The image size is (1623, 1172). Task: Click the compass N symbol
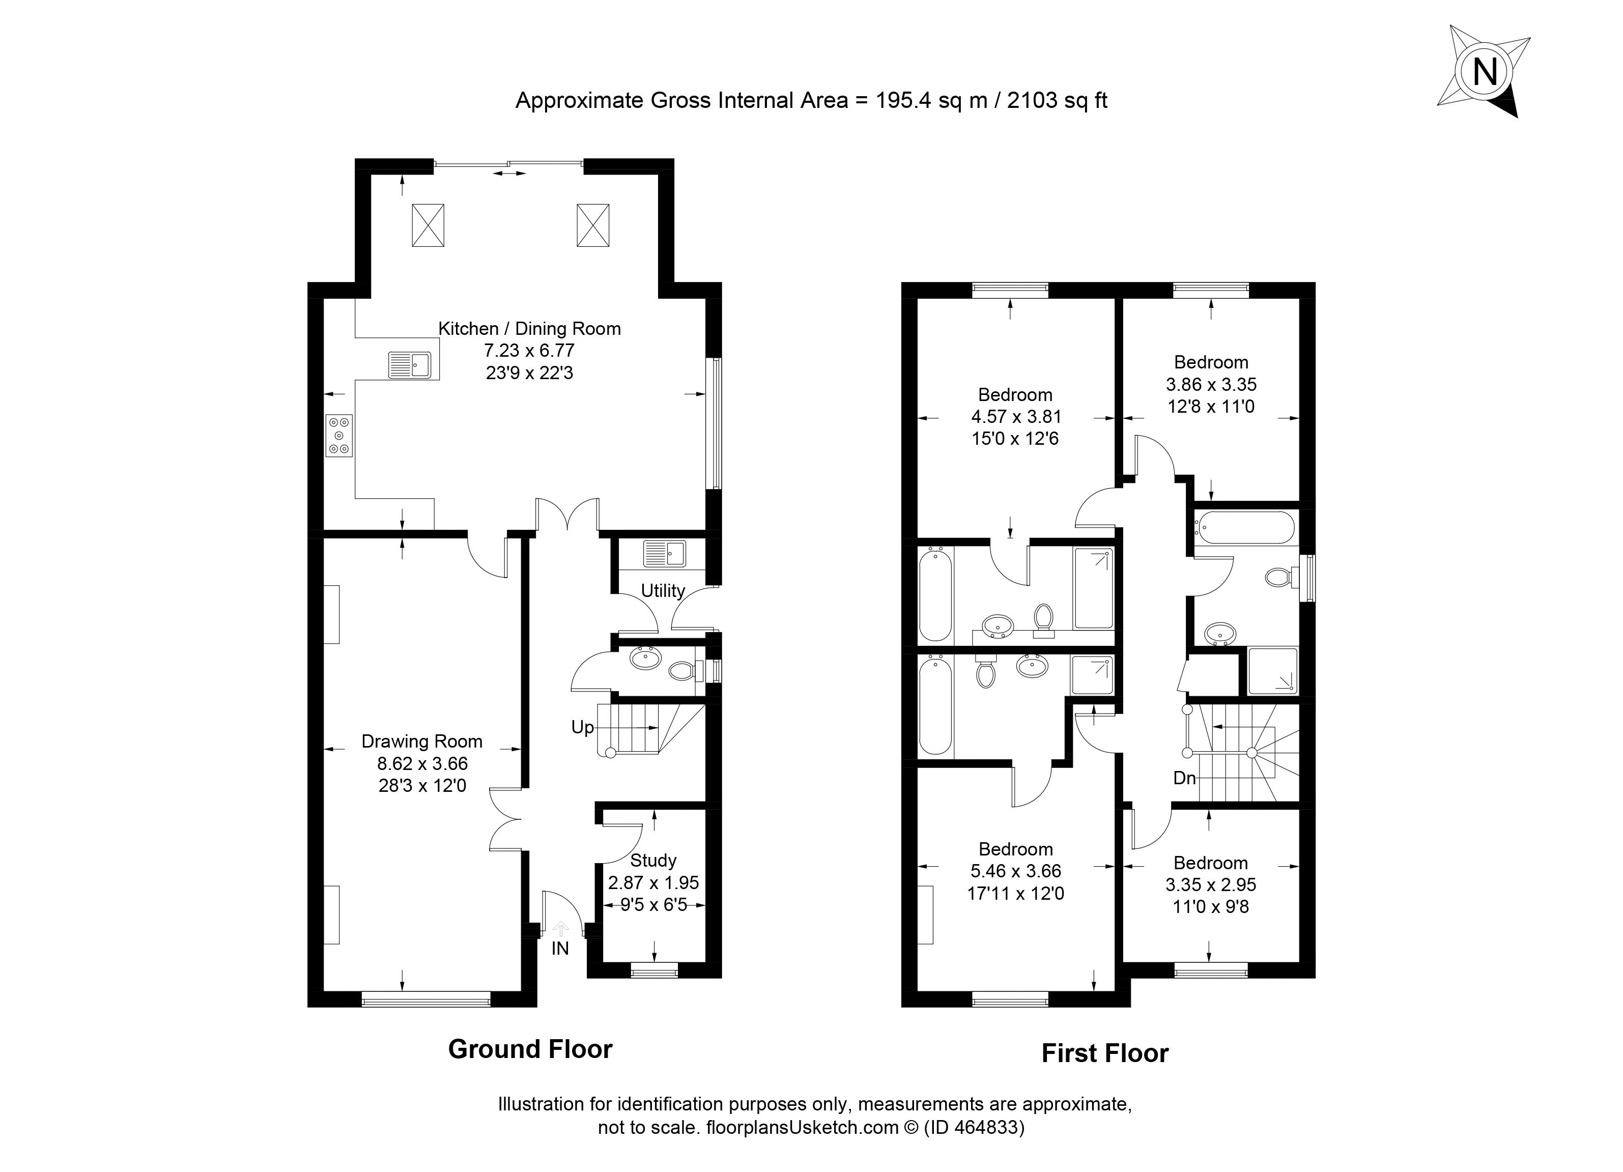[1486, 72]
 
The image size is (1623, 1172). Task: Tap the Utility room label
[663, 591]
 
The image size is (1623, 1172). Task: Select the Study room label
[653, 861]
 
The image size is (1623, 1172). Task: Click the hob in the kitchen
[339, 435]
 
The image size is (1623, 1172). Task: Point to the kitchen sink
[409, 364]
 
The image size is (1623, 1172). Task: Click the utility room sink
[665, 554]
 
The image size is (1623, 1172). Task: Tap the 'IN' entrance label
[560, 949]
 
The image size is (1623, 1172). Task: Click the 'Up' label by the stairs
[583, 728]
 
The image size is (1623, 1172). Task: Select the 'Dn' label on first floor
[1185, 778]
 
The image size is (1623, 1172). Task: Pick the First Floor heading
[1105, 1054]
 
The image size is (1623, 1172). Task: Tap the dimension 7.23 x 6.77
[530, 351]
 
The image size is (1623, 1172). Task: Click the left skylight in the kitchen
[428, 225]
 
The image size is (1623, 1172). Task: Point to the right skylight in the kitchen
[593, 225]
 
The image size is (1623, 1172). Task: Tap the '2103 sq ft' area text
[1058, 101]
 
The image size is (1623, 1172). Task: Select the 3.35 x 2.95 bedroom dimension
[1211, 885]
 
